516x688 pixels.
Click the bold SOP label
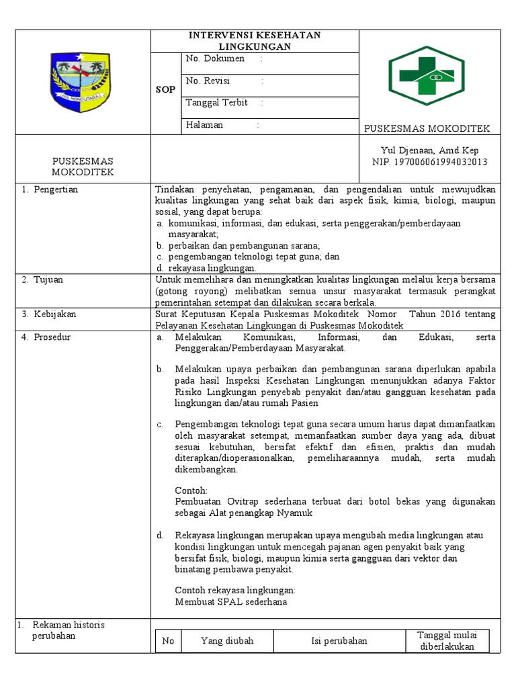coord(166,89)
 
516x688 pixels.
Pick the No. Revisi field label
coord(208,81)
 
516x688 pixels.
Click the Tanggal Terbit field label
coord(217,103)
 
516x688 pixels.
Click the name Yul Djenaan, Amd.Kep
coord(430,151)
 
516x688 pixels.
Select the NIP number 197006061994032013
coord(430,162)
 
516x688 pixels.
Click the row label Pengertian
coord(56,189)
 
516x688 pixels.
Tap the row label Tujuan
coord(48,279)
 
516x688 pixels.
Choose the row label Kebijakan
coord(54,314)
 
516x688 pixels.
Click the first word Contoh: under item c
coord(191,490)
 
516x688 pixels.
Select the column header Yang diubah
coord(227,641)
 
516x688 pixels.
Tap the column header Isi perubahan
coord(339,641)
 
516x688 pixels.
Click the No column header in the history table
coord(168,641)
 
